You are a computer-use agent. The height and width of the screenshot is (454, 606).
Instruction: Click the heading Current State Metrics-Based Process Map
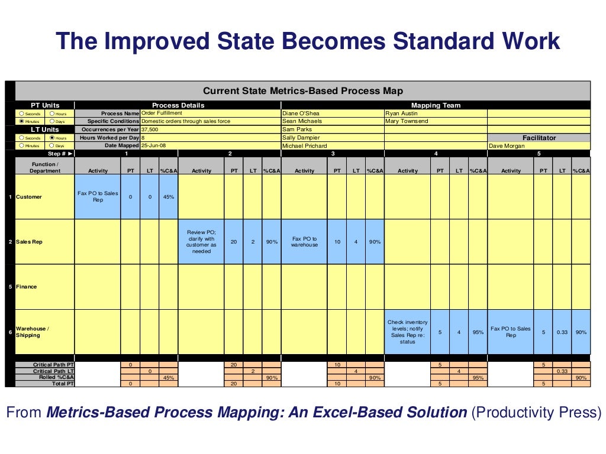pos(302,90)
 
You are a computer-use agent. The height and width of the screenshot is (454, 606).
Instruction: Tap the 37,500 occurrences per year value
pos(150,129)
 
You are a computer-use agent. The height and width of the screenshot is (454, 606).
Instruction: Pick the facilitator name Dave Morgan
pos(507,145)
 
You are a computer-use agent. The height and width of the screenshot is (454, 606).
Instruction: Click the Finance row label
pos(27,287)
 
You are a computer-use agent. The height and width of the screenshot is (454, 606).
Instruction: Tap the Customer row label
pos(29,197)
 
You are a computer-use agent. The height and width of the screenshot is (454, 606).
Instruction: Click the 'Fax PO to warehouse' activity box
pos(304,242)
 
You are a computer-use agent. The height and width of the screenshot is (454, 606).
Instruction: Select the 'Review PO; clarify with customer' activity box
pos(201,242)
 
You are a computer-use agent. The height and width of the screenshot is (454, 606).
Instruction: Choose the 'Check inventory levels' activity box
pos(407,332)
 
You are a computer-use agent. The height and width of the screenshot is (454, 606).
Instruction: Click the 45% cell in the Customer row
pos(169,197)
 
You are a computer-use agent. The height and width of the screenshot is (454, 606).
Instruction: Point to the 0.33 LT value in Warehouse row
pos(562,332)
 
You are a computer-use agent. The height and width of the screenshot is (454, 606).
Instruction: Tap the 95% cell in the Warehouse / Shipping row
pos(478,332)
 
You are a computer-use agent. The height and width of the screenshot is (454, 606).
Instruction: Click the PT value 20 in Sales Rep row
pos(234,242)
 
